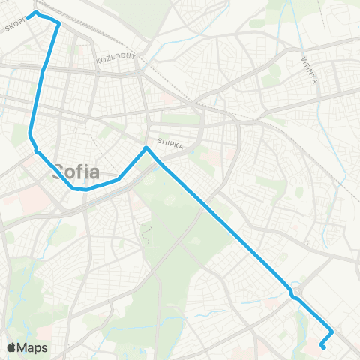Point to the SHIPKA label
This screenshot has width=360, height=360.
pos(170,141)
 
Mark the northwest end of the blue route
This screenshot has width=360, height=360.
pos(34,13)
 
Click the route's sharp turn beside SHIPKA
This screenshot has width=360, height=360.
pos(147,148)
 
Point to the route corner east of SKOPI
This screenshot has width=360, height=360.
pos(58,22)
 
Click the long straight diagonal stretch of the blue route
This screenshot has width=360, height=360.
pos(217,218)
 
